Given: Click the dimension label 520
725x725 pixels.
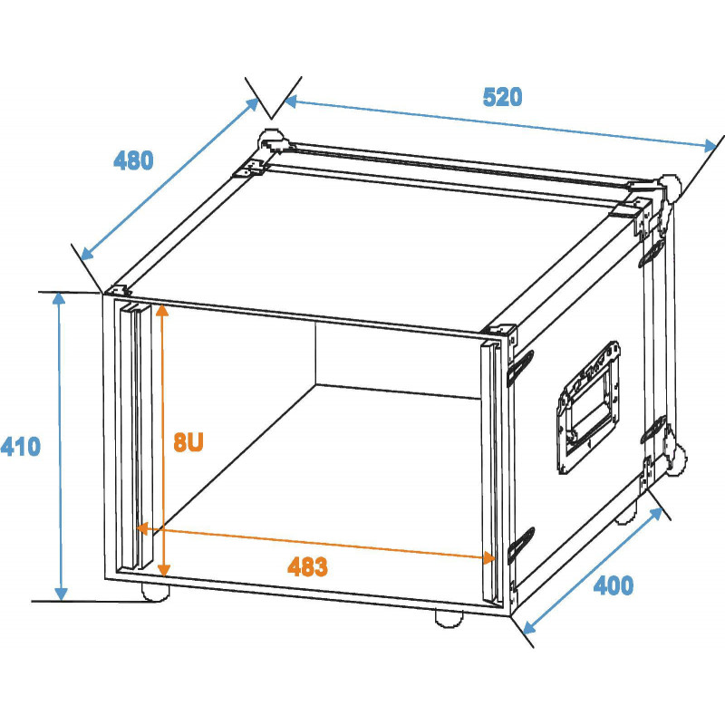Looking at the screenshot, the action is click(x=502, y=97).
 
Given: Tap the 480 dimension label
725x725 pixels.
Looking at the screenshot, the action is click(x=133, y=160).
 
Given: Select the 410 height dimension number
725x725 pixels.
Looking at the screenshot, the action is click(x=20, y=447).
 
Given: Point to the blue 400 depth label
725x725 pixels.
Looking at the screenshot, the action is click(x=614, y=585).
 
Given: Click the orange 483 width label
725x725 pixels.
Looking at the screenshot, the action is click(x=307, y=566).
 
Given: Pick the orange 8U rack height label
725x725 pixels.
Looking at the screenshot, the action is click(x=188, y=442).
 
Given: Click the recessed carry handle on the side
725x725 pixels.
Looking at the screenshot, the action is click(x=588, y=408).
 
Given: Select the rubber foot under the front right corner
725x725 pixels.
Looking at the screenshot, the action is click(x=449, y=619).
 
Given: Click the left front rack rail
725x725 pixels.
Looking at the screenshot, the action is click(x=136, y=437).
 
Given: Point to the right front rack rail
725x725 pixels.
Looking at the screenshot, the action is click(x=491, y=471).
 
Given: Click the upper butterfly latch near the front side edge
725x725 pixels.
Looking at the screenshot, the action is click(x=520, y=369).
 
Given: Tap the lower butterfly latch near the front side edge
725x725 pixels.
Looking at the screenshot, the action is click(x=521, y=546).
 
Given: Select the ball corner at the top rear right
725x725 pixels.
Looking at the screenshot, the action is click(x=669, y=188).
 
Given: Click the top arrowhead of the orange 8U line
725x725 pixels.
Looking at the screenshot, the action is click(x=162, y=309).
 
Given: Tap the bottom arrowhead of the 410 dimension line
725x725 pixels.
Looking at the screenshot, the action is click(x=61, y=594).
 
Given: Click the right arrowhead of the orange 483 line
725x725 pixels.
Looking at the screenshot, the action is click(x=488, y=557).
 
